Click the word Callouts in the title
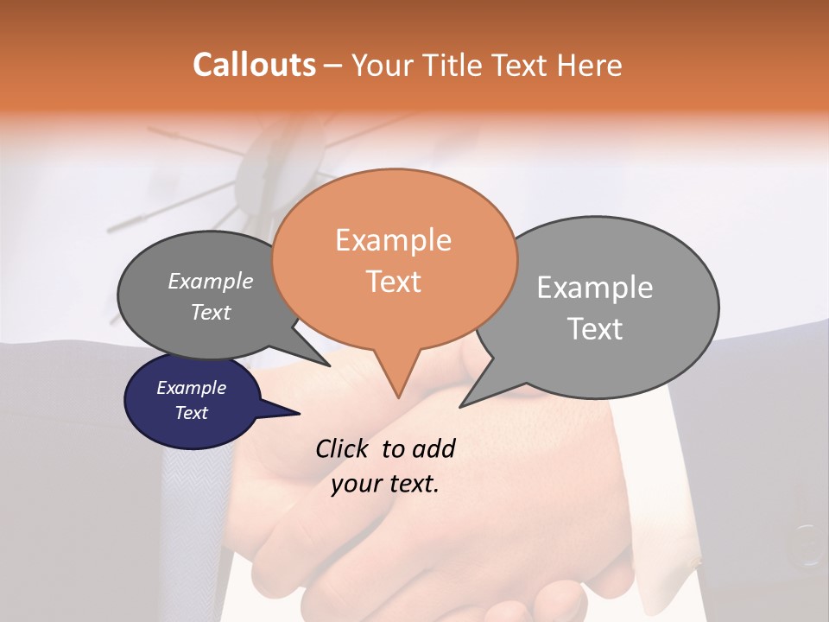tap(254, 65)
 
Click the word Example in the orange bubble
tap(393, 240)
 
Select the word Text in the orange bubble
tap(393, 282)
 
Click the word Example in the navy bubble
tap(191, 388)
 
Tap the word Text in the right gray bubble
tap(595, 329)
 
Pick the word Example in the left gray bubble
tap(210, 281)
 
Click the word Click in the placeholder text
tap(344, 448)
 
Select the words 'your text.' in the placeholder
tap(385, 484)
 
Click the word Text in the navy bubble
tap(191, 413)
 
